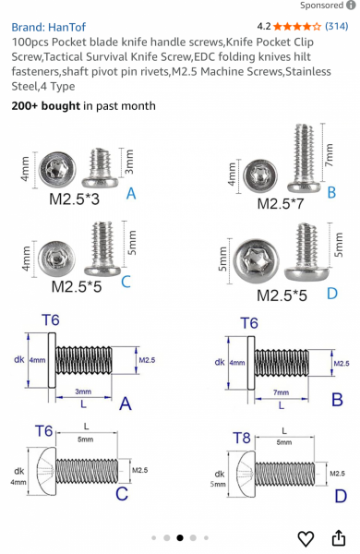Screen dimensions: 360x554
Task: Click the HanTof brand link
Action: (x=48, y=27)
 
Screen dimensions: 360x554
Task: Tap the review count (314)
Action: (x=337, y=26)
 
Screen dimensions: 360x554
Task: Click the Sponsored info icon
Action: (x=351, y=6)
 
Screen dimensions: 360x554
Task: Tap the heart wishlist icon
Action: (x=306, y=538)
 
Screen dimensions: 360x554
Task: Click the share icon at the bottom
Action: (x=339, y=537)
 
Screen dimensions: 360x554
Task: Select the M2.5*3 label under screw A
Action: (x=74, y=199)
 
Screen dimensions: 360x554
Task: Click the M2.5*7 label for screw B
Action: (x=281, y=204)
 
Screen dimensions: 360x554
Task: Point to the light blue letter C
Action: (x=126, y=282)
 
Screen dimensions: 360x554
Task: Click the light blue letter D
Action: (x=332, y=294)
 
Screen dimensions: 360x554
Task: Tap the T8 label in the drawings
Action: (x=242, y=438)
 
